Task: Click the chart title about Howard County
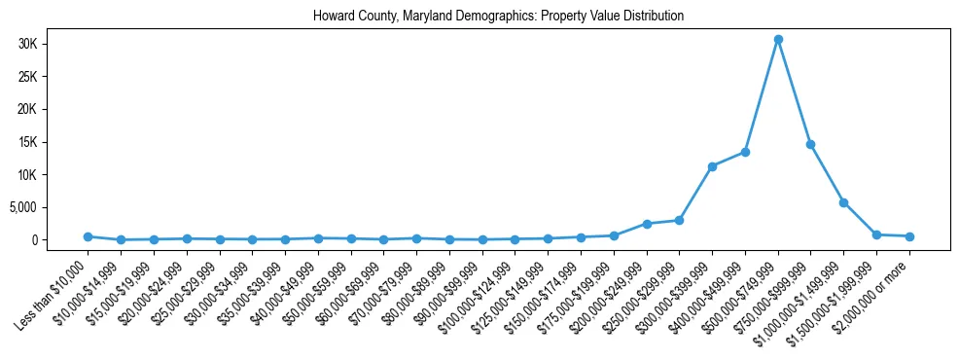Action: coord(498,17)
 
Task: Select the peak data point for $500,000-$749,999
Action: coord(778,39)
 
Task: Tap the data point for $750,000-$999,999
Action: coord(810,144)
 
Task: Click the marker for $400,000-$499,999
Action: coord(745,152)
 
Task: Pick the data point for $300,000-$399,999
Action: coord(712,166)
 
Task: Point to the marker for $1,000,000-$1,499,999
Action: coord(843,202)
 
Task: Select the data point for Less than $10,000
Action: coord(88,236)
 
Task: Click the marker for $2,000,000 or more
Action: coord(909,236)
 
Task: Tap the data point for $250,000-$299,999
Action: coord(679,220)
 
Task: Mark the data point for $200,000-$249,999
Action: coord(647,224)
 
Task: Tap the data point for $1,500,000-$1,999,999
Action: coord(876,234)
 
